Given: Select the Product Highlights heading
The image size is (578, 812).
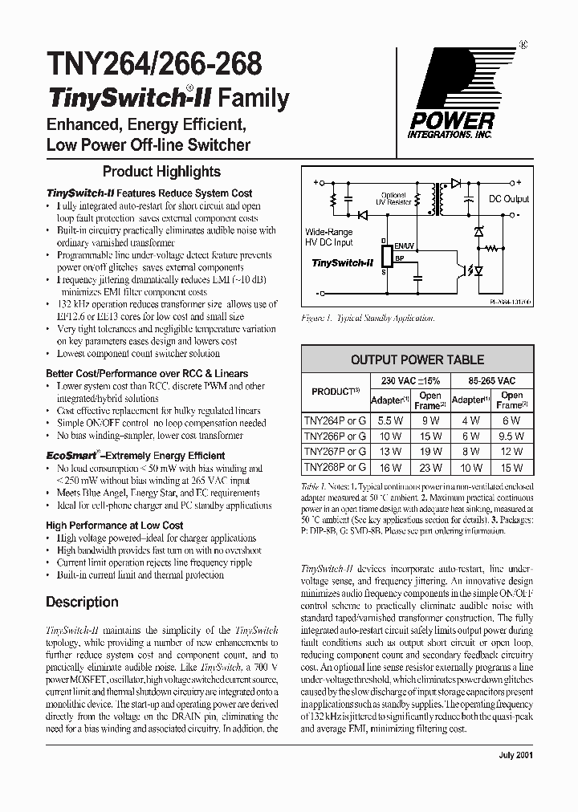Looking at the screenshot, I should (x=161, y=171).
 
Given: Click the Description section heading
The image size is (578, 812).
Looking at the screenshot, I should (x=82, y=602).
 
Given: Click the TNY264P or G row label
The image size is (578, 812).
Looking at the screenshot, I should (x=334, y=419).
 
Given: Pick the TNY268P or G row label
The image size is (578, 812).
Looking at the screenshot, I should (x=334, y=466).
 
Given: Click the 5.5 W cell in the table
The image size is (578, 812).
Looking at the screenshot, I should (x=389, y=420).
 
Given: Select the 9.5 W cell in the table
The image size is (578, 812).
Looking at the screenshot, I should (x=511, y=435).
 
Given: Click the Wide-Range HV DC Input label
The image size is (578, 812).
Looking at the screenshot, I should (x=328, y=237).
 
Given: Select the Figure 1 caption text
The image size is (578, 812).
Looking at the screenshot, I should (x=368, y=318).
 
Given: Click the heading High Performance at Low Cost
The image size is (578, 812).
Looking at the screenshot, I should (x=115, y=526).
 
